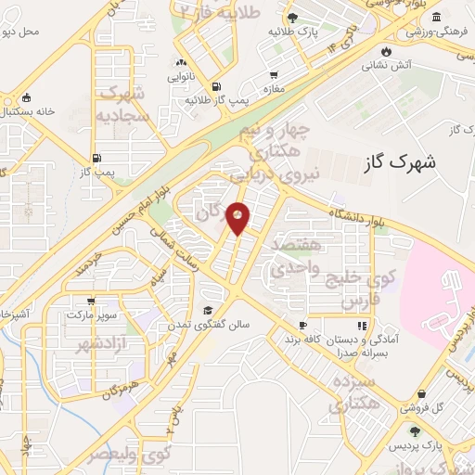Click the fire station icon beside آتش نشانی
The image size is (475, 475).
[x=386, y=50]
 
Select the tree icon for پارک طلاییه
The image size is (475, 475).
[x=292, y=17]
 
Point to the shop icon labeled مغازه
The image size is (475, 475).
[x=274, y=76]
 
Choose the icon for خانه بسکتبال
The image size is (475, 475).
[x=27, y=98]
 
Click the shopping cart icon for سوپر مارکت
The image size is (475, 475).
[x=91, y=302]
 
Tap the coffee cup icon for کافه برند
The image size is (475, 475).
[x=302, y=325]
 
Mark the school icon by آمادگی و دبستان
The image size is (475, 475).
[x=362, y=326]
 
